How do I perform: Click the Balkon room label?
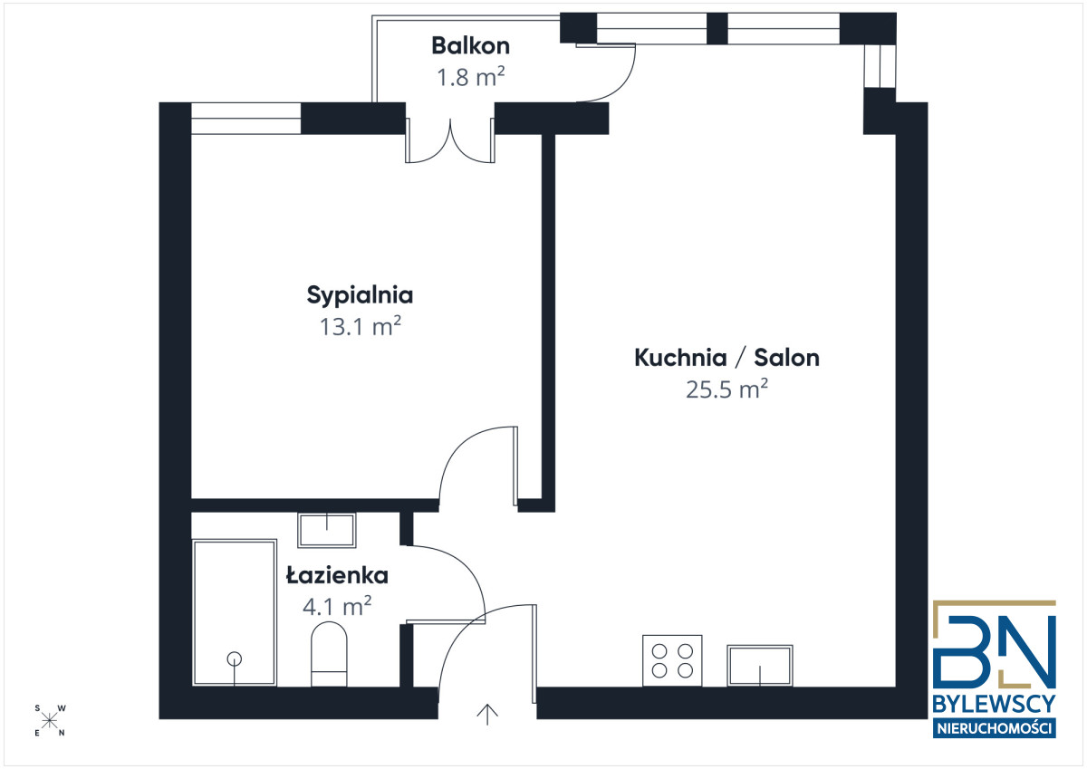(x=470, y=45)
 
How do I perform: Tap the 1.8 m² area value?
(x=471, y=77)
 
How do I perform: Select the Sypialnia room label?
(x=360, y=295)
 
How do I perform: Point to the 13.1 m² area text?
(x=361, y=326)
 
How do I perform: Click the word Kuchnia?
(x=680, y=358)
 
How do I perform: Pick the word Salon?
(x=786, y=358)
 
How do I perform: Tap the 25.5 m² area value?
(x=726, y=389)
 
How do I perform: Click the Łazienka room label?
(x=337, y=575)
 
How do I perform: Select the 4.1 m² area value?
(x=337, y=607)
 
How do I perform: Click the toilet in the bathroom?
(x=329, y=654)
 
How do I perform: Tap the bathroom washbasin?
(x=327, y=530)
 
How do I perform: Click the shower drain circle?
(x=235, y=658)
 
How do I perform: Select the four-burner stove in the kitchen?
(x=672, y=661)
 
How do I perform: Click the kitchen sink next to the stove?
(x=759, y=666)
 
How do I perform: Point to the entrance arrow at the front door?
(x=487, y=715)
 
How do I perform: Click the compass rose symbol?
(x=49, y=720)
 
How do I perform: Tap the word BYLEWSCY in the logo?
(x=995, y=704)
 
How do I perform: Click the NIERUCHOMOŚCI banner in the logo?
(x=995, y=728)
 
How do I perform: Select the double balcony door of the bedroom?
(x=450, y=140)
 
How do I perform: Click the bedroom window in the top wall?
(x=246, y=119)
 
